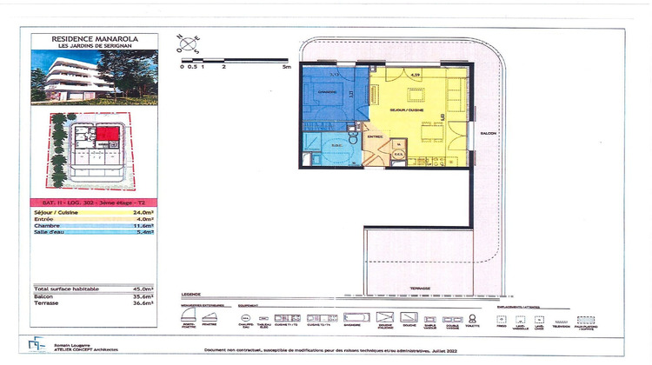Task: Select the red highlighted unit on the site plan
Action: pyautogui.click(x=107, y=135)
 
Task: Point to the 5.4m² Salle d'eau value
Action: pyautogui.click(x=144, y=232)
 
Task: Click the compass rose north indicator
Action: pyautogui.click(x=190, y=41)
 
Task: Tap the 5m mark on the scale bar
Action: pyautogui.click(x=286, y=65)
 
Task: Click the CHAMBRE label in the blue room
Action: pyautogui.click(x=327, y=92)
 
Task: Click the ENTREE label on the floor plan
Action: pyautogui.click(x=375, y=136)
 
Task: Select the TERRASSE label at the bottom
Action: pyautogui.click(x=422, y=288)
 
